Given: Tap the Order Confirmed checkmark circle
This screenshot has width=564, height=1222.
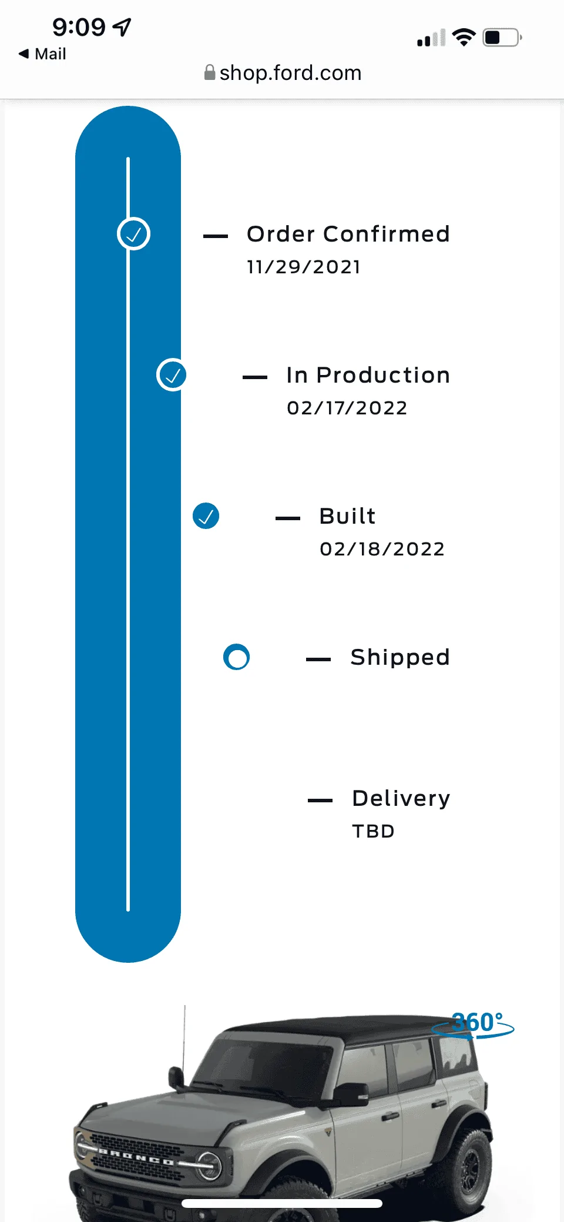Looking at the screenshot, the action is (x=134, y=234).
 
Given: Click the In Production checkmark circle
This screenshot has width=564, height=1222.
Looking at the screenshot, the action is (x=172, y=375).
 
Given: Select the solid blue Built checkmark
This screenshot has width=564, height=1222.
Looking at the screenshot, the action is (x=206, y=516).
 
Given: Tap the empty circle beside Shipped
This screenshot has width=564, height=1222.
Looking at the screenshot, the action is (x=236, y=657).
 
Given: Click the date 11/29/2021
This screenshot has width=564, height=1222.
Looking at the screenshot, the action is (x=303, y=267).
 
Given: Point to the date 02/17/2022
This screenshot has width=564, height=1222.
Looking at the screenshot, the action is (x=347, y=408).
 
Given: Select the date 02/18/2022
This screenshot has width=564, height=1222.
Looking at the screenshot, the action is (x=382, y=549).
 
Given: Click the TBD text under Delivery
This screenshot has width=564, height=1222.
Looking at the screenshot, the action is (x=373, y=831).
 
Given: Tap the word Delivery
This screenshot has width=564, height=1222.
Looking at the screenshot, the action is (x=401, y=798).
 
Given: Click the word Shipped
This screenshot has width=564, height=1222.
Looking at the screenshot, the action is (x=400, y=657).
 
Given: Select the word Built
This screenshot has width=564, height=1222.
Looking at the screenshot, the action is (x=347, y=516).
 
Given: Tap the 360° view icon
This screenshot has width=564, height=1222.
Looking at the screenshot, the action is (x=474, y=1024).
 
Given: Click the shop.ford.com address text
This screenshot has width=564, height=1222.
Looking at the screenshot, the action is (x=290, y=73).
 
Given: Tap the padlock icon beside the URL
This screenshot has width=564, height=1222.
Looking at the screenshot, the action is (x=209, y=72).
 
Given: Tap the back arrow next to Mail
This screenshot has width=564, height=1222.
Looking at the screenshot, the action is (x=23, y=53).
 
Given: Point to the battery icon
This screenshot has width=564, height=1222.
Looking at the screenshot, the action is (x=502, y=38).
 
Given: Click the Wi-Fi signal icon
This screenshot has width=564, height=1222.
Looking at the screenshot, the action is (x=464, y=37).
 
